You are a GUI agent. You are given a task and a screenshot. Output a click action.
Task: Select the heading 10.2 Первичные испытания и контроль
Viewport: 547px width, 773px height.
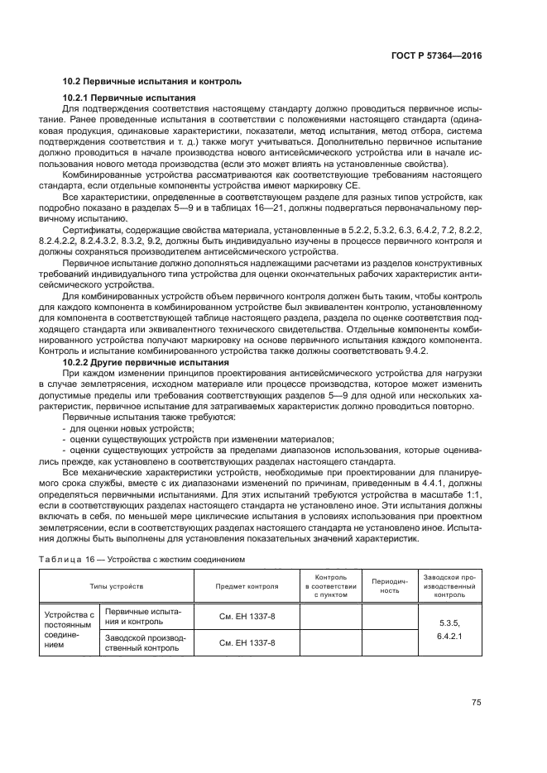tap(152, 82)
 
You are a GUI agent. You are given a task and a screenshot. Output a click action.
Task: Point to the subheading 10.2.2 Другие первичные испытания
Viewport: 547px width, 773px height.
tap(146, 362)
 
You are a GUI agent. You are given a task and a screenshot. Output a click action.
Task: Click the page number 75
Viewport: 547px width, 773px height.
tap(476, 703)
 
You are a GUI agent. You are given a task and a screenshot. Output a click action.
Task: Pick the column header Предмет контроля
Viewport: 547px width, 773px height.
tap(247, 585)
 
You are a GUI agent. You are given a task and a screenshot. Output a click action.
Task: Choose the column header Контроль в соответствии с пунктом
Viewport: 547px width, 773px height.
tap(330, 585)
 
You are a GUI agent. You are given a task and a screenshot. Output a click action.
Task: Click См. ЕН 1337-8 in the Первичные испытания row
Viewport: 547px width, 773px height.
tap(247, 616)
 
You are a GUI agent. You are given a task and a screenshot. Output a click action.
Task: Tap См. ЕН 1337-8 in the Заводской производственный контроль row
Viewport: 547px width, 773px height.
tap(247, 642)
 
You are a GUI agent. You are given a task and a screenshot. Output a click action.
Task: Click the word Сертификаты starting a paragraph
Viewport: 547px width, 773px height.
tap(92, 228)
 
